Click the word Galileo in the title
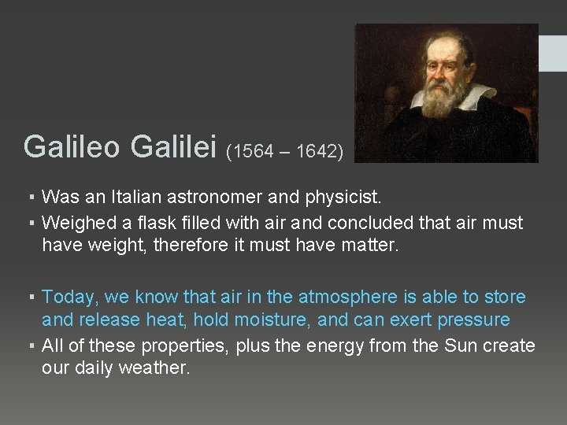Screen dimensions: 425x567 point(72,146)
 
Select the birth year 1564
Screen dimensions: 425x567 point(254,151)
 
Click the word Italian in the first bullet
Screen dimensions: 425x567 point(128,195)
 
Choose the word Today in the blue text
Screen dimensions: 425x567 point(68,297)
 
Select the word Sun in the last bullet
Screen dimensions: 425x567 point(467,346)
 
